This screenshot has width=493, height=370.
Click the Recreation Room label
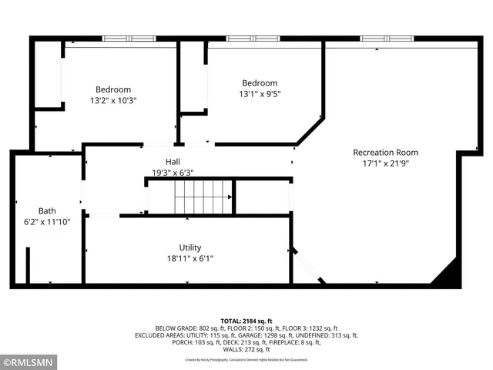(385, 152)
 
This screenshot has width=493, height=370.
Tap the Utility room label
(190, 247)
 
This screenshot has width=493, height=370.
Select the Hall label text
(172, 161)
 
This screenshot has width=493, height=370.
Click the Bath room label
(47, 210)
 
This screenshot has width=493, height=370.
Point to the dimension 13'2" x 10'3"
(113, 100)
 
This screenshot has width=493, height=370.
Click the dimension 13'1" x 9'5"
(260, 95)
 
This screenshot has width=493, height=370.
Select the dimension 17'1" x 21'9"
(385, 163)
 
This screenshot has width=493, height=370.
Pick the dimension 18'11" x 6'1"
(190, 259)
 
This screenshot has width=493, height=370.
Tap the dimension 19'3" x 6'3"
(173, 173)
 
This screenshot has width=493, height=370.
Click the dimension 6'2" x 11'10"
(47, 222)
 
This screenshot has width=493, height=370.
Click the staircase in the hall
(203, 197)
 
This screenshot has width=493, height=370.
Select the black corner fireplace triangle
(448, 274)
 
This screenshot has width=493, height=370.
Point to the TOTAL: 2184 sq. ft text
(246, 320)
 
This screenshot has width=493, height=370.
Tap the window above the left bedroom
(129, 38)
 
